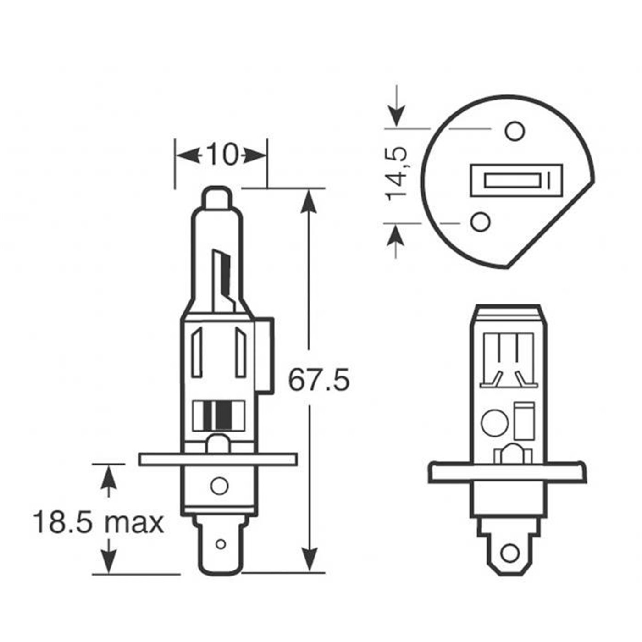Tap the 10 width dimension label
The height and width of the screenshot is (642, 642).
point(222,155)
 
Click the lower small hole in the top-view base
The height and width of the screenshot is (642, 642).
point(480,221)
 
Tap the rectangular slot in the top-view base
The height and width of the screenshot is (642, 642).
point(516,180)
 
